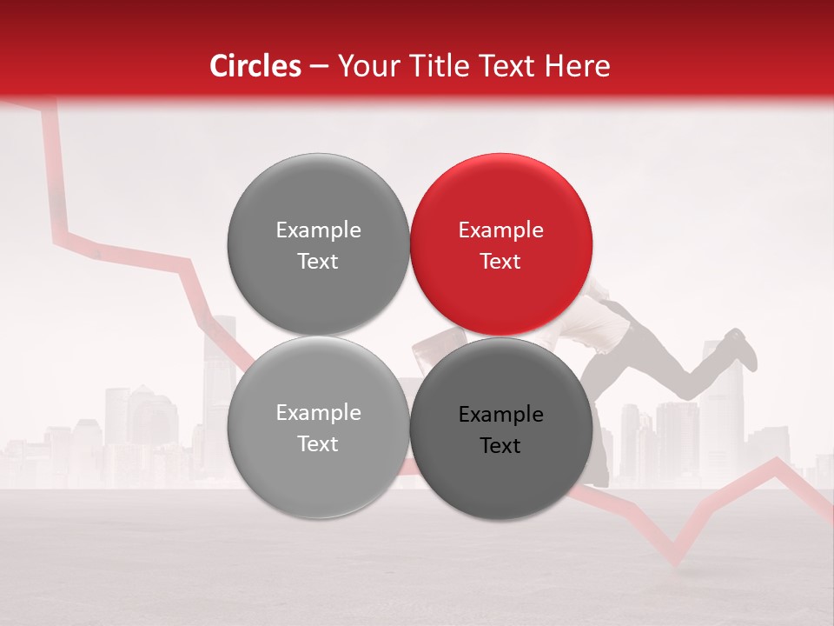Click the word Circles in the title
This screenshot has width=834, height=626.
pyautogui.click(x=255, y=66)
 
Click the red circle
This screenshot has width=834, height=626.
pyautogui.click(x=501, y=245)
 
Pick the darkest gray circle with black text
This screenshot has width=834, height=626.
pyautogui.click(x=501, y=429)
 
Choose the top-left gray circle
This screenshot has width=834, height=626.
pyautogui.click(x=318, y=245)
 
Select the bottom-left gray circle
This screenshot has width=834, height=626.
pyautogui.click(x=318, y=428)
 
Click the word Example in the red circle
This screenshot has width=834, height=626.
pyautogui.click(x=500, y=230)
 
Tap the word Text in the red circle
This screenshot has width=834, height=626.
pyautogui.click(x=500, y=261)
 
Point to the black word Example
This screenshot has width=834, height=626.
pyautogui.click(x=500, y=415)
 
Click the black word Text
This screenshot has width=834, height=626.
pyautogui.click(x=500, y=445)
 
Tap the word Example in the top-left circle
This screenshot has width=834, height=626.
pyautogui.click(x=318, y=230)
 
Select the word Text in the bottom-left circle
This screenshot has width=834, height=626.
pyautogui.click(x=318, y=443)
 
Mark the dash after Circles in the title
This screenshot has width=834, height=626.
pyautogui.click(x=318, y=67)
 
